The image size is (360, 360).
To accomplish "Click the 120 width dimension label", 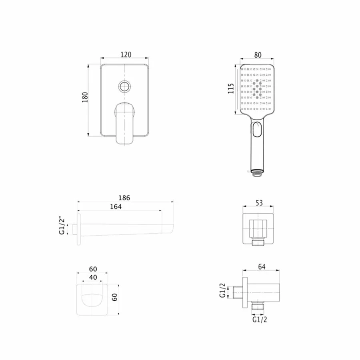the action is pyautogui.click(x=126, y=55).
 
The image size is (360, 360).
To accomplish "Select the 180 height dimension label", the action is pyautogui.click(x=85, y=97).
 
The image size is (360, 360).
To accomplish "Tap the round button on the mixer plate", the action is pyautogui.click(x=124, y=87).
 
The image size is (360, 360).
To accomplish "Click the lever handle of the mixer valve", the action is pyautogui.click(x=124, y=123).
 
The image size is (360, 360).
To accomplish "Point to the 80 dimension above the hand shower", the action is pyautogui.click(x=258, y=55).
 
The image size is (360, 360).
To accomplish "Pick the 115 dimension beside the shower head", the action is pyautogui.click(x=231, y=88).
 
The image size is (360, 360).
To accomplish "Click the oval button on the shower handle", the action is pyautogui.click(x=256, y=130).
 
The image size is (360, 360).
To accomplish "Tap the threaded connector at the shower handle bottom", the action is pyautogui.click(x=257, y=173).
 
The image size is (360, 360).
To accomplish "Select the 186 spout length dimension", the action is pyautogui.click(x=124, y=198).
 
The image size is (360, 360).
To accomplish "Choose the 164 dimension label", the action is pyautogui.click(x=116, y=207).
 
